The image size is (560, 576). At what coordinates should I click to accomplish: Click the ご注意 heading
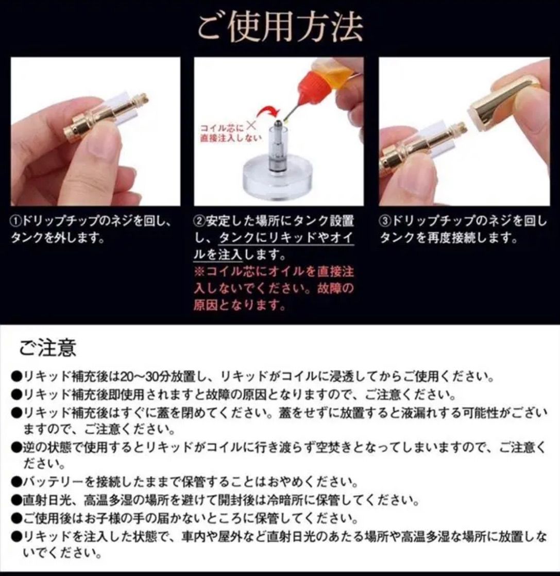(48, 348)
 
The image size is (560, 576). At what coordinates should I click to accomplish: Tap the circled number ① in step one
(16, 222)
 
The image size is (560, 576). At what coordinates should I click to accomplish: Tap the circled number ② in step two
(199, 222)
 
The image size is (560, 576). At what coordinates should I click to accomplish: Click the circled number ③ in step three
(385, 222)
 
